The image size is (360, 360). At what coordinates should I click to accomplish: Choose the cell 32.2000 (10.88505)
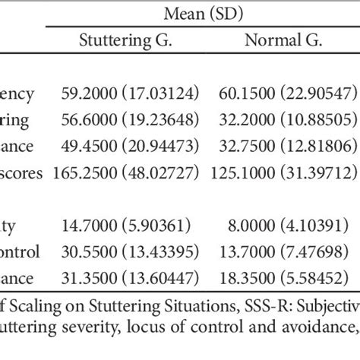click(290, 121)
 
